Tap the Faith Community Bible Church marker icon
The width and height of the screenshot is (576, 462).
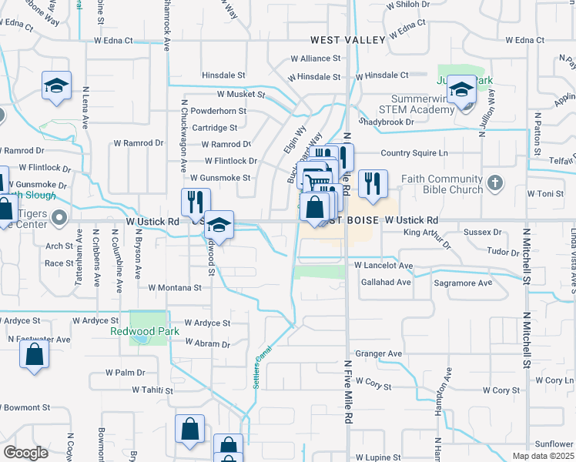pyautogui.click(x=495, y=183)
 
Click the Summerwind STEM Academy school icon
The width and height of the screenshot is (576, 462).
pyautogui.click(x=461, y=90)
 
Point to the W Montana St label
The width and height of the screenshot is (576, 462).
pyautogui.click(x=174, y=287)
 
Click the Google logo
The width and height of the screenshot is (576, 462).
pyautogui.click(x=25, y=453)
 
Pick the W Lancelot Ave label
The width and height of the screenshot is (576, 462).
pyautogui.click(x=383, y=266)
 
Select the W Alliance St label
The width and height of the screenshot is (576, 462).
pyautogui.click(x=315, y=59)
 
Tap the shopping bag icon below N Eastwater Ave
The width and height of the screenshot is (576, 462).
pyautogui.click(x=34, y=355)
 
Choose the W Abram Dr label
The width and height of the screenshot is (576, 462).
pyautogui.click(x=207, y=344)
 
